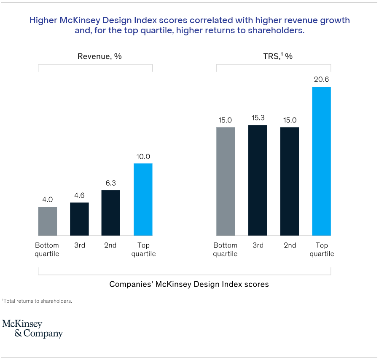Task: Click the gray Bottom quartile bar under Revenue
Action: pos(48,221)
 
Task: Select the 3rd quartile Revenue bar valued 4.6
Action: pos(79,219)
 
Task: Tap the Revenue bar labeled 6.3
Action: pos(111,213)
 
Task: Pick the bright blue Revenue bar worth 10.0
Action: pos(143,199)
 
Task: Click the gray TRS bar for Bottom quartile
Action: pos(226,181)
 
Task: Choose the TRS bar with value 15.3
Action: pos(258,180)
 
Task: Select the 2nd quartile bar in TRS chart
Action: pos(290,181)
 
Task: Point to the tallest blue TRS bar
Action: pos(321,161)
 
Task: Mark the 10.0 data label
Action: pos(143,157)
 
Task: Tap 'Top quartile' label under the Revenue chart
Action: pos(143,250)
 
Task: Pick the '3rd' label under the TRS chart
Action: pos(258,245)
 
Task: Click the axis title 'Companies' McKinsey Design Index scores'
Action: pos(189,284)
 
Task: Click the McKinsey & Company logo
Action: pos(32,329)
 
